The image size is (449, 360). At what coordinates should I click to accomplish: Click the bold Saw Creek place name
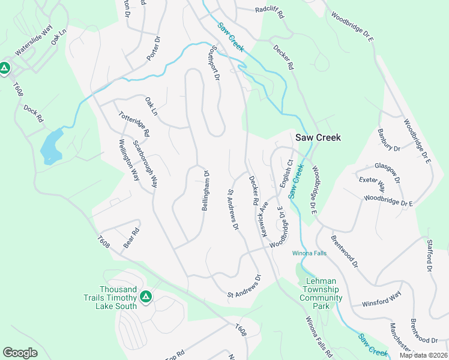click(x=318, y=137)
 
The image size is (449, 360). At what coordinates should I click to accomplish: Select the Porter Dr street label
click(x=154, y=49)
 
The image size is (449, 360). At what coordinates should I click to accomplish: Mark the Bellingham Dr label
click(x=205, y=190)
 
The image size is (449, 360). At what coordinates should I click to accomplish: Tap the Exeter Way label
click(x=372, y=182)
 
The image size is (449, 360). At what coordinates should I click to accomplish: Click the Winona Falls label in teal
click(x=309, y=253)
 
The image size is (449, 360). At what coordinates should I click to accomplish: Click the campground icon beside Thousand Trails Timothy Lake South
click(x=145, y=296)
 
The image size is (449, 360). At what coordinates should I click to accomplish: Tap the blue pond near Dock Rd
click(x=51, y=146)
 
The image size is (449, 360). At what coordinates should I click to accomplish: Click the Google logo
click(x=20, y=352)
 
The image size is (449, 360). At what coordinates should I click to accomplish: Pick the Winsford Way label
click(x=381, y=299)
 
